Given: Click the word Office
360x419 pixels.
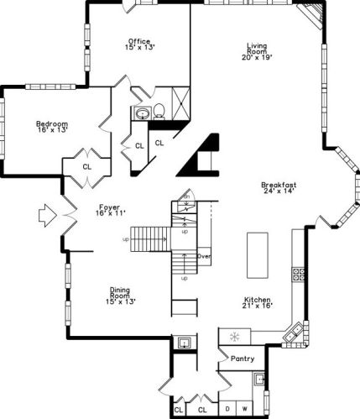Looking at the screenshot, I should pos(139,40).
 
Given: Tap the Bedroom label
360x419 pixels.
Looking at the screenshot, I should pos(52,123).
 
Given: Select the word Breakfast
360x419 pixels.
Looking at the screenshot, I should pos(279,185).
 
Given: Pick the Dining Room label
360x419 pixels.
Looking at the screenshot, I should pos(121,293).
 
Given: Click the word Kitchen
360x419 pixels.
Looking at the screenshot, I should pos(257,300).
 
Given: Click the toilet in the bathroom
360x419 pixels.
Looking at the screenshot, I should pos(158,111).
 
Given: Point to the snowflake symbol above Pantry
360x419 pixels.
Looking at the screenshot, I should pos(234,338).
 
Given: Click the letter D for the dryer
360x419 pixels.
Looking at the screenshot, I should pos(227,409).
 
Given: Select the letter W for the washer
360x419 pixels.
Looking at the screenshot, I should pos(244,409).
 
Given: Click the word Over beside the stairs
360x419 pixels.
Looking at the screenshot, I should pos(202,254).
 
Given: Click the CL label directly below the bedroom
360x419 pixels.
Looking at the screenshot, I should pos(86,166).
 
